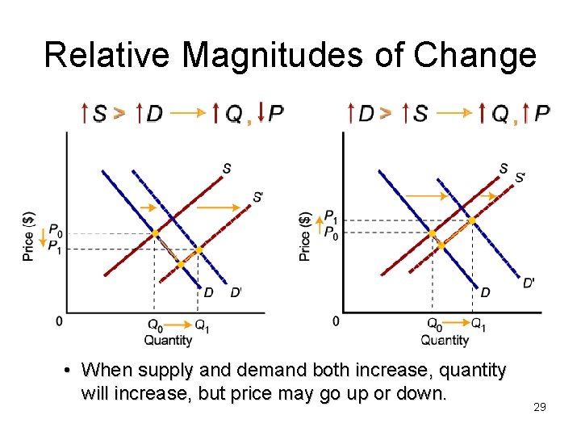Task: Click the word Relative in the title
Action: [x=107, y=55]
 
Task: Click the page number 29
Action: [x=540, y=407]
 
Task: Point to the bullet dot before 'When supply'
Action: [x=70, y=371]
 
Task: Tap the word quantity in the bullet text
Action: [x=468, y=371]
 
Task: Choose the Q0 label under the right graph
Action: [x=434, y=325]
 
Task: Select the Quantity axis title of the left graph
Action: [x=168, y=340]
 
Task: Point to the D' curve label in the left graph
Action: [x=236, y=292]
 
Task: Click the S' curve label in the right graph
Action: [x=520, y=176]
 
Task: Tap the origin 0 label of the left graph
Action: [x=59, y=322]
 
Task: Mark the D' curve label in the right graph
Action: [x=529, y=283]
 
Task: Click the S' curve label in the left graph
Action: [x=257, y=196]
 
